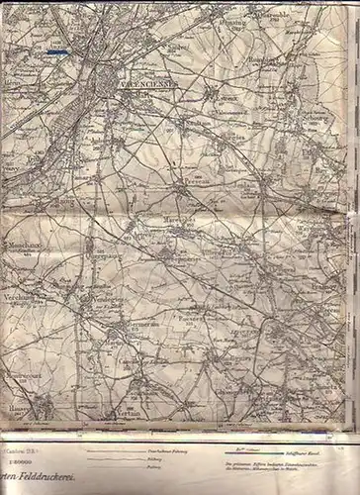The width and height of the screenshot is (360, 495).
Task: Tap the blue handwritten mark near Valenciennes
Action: click(57, 51)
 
